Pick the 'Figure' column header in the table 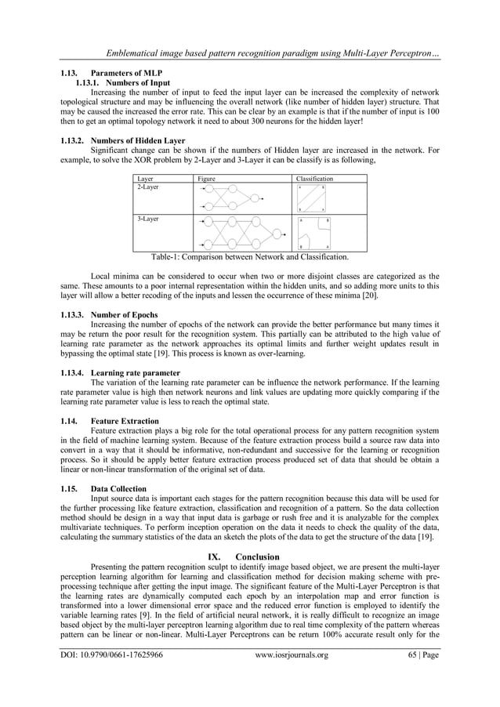coord(206,179)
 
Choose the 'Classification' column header coord(314,179)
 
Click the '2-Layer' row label coord(147,188)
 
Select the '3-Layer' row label coord(147,219)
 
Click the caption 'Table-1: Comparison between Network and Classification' coord(250,256)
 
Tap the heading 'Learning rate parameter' coord(136,372)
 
